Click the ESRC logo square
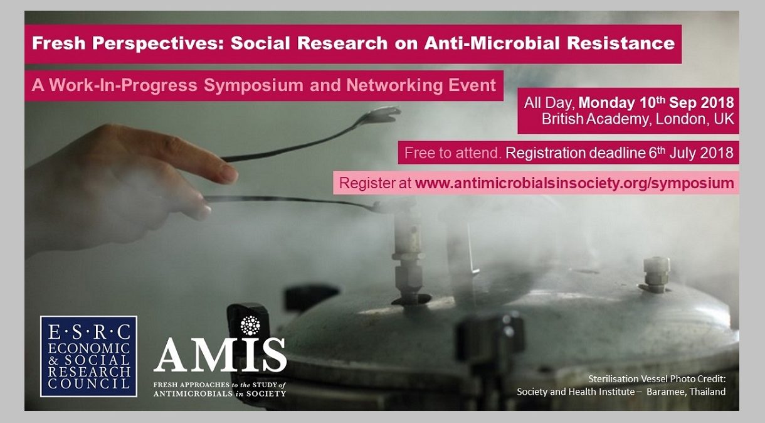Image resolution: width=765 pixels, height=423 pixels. [x=88, y=356]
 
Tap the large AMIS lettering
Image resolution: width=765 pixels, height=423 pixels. [x=220, y=355]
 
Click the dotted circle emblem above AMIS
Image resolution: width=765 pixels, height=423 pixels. [x=250, y=325]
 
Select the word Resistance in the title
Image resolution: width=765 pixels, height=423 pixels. [x=618, y=43]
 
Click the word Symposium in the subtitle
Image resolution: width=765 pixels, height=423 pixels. [x=253, y=85]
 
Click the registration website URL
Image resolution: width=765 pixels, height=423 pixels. [x=574, y=183]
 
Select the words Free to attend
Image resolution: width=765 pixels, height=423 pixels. [x=453, y=153]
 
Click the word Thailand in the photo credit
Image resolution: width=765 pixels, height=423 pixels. [x=707, y=392]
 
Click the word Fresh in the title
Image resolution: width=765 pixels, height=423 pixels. [x=58, y=43]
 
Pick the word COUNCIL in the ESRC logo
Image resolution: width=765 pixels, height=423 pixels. [x=89, y=383]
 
